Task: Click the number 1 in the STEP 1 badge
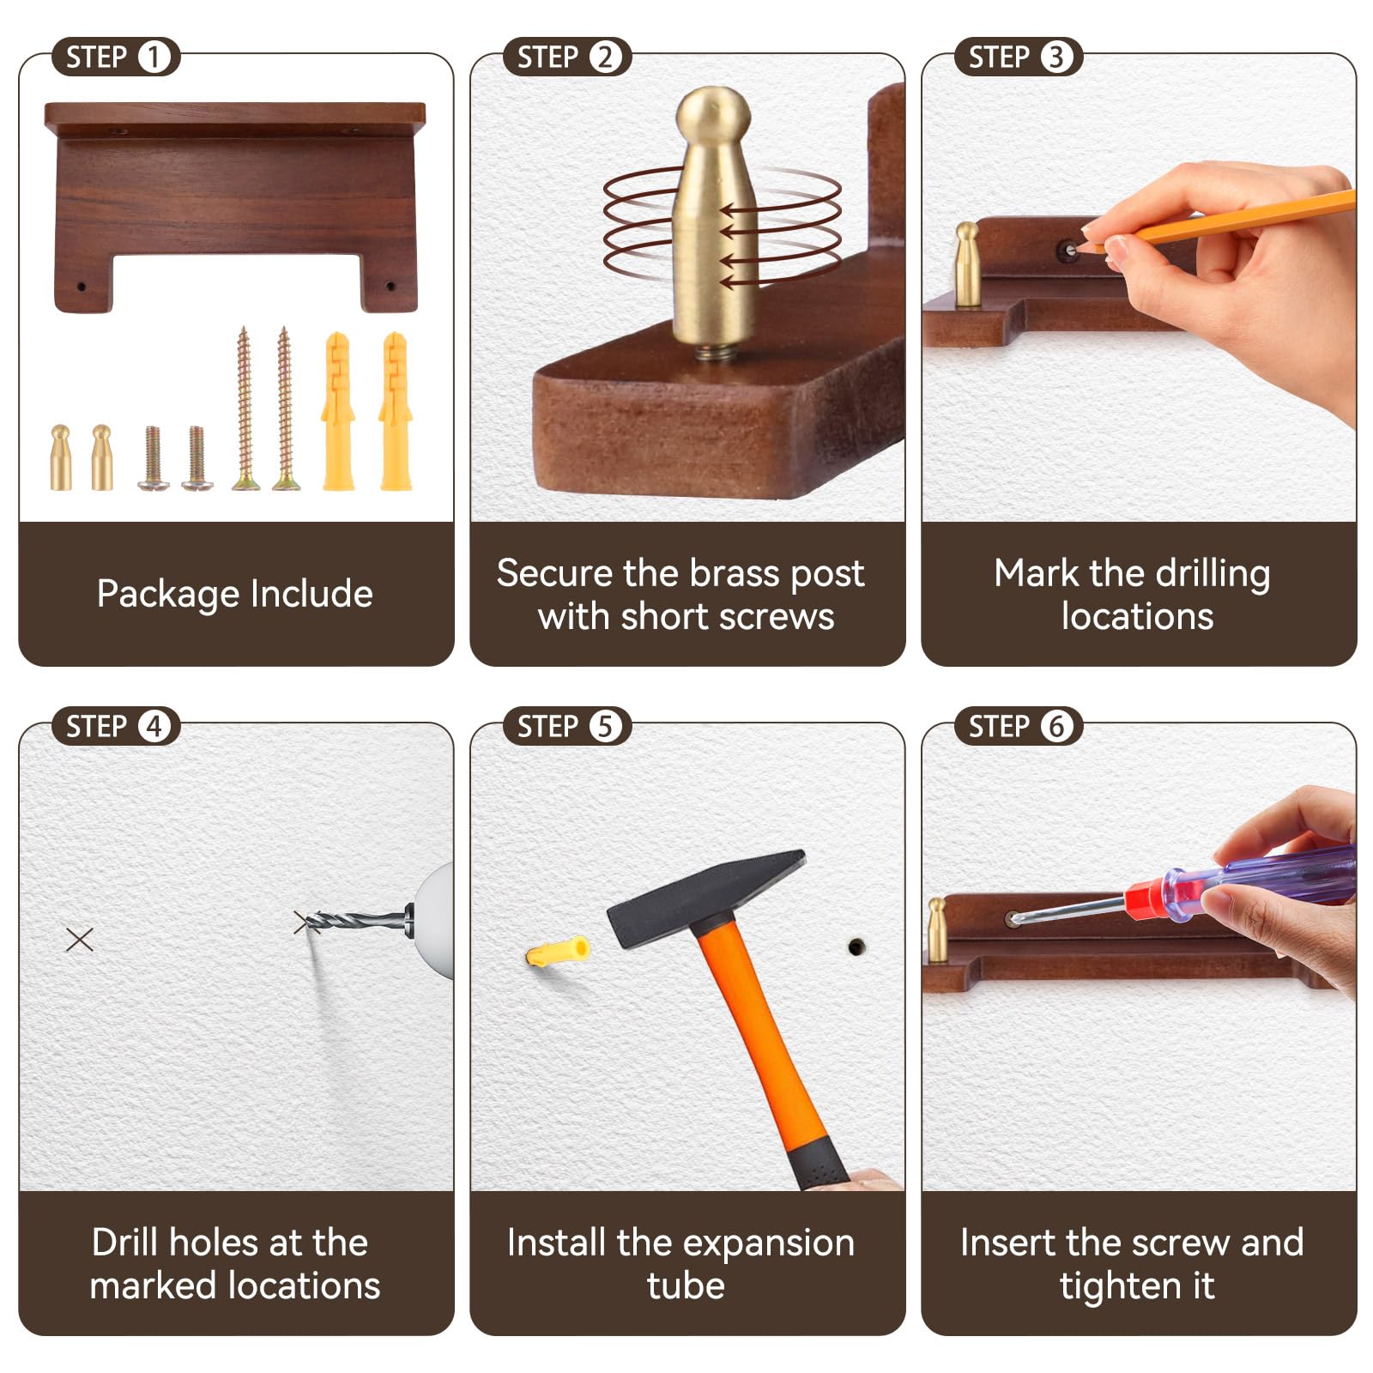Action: click(154, 57)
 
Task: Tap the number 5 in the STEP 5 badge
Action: click(605, 727)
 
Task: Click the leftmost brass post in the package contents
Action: click(60, 457)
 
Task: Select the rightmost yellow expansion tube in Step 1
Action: click(396, 411)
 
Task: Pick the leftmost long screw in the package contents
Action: click(245, 408)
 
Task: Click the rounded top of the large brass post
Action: click(713, 112)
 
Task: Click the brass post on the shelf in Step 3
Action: click(967, 264)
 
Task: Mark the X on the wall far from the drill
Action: click(80, 940)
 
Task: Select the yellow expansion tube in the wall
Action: click(558, 952)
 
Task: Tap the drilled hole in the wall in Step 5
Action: click(856, 947)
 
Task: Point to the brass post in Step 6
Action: click(937, 930)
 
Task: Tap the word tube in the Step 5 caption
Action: click(686, 1285)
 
